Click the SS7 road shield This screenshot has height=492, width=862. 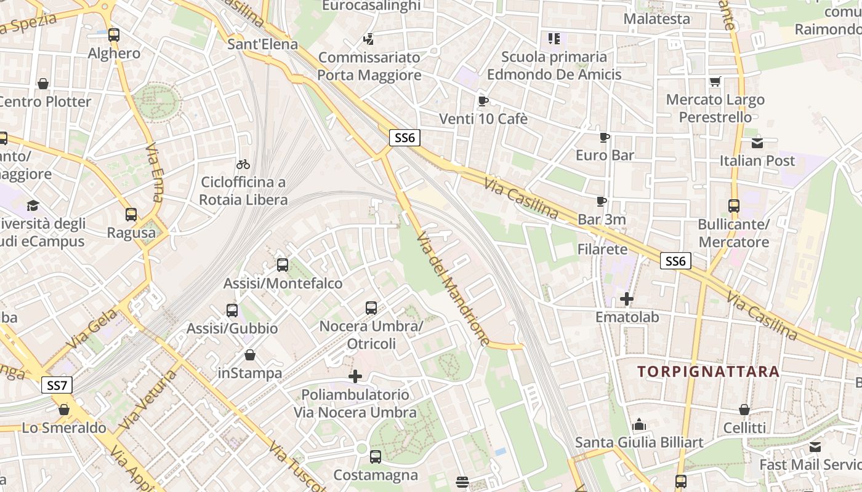click(57, 386)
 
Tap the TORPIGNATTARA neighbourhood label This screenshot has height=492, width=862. click(708, 371)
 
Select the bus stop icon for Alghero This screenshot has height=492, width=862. click(114, 35)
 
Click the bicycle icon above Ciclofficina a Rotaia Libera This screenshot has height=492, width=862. click(243, 164)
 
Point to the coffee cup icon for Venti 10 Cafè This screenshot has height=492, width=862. click(483, 101)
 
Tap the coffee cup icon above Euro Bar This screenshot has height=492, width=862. click(605, 137)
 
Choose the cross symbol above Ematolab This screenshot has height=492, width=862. click(627, 300)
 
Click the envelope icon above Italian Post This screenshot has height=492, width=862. click(757, 143)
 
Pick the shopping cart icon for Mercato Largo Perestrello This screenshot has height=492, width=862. click(715, 81)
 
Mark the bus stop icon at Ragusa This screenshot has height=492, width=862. click(131, 215)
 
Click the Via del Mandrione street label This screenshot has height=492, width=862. click(454, 289)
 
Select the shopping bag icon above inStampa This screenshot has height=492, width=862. click(250, 355)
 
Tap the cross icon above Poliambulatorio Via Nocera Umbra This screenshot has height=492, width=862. click(355, 376)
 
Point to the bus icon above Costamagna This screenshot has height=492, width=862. click(375, 457)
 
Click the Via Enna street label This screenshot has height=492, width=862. click(155, 173)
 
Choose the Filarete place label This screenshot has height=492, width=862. click(602, 249)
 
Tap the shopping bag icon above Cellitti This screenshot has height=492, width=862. click(744, 410)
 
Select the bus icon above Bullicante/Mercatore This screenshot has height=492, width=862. click(733, 206)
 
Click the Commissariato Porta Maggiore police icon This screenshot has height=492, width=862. click(369, 39)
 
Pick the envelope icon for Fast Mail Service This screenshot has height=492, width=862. click(815, 447)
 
